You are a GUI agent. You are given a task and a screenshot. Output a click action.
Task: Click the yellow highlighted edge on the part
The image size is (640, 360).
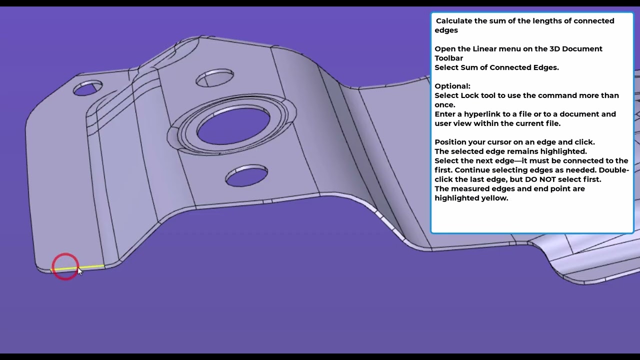(77, 267)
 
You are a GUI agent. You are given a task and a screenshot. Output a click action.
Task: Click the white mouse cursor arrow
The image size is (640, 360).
(79, 271)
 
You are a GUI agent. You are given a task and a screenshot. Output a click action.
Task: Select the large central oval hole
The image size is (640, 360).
(233, 126)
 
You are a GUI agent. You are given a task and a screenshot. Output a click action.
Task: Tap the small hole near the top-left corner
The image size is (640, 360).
(87, 88)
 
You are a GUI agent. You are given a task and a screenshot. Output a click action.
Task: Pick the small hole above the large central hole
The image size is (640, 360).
(215, 77)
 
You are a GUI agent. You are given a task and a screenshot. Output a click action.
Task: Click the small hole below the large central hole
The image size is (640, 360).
(246, 175)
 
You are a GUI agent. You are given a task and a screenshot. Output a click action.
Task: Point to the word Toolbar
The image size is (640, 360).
(449, 58)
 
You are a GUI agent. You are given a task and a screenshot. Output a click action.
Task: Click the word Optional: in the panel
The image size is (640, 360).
(452, 86)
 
